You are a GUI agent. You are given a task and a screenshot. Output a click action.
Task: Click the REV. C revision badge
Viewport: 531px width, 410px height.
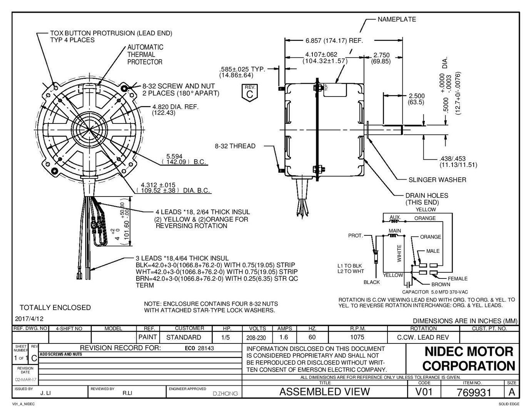[x=250, y=92]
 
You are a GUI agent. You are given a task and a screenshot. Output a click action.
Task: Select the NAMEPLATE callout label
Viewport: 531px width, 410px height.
[x=396, y=19]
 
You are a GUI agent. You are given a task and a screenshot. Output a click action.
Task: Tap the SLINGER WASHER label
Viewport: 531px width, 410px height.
[x=437, y=180]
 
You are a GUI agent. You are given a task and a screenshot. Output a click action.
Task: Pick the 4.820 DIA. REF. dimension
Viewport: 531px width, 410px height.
[x=175, y=110]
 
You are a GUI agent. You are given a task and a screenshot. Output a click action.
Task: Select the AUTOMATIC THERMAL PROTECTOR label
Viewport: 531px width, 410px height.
[x=145, y=55]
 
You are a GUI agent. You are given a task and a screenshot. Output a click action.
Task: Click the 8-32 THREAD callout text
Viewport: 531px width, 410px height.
[x=235, y=146]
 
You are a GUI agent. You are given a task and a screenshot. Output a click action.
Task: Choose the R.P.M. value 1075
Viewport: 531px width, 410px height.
[x=357, y=337]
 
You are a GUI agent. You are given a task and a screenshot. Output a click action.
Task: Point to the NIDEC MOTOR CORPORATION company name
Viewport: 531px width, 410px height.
[x=469, y=358]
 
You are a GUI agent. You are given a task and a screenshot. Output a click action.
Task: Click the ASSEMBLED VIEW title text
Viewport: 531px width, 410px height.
[x=324, y=392]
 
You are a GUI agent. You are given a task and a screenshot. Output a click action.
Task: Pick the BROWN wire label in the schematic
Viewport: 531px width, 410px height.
[x=441, y=285]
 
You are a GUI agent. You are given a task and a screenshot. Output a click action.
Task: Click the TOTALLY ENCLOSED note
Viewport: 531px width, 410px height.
[x=55, y=308]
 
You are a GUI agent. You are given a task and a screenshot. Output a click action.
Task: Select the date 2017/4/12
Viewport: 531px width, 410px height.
[x=29, y=319]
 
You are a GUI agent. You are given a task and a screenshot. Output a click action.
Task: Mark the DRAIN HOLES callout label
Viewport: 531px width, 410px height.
[x=426, y=198]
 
